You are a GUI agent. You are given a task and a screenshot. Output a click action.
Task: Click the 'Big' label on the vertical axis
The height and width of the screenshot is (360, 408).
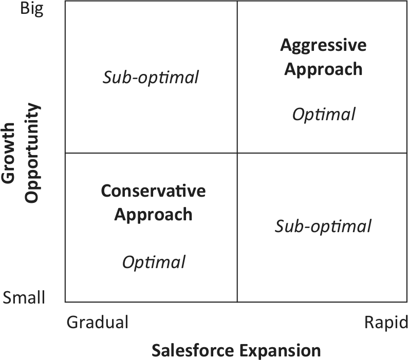(x=32, y=9)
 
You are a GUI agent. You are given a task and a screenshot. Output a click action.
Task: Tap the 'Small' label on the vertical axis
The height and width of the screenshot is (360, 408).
(x=24, y=297)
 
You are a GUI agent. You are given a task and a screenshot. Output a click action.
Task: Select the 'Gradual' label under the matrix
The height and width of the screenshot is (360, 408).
(x=97, y=322)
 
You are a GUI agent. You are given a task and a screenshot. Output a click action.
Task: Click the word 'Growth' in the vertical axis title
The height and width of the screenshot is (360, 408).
(x=8, y=153)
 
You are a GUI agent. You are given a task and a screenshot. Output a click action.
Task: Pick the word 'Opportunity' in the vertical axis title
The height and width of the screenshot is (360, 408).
(x=32, y=153)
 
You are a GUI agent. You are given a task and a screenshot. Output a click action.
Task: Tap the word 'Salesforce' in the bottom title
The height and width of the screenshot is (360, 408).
(x=193, y=350)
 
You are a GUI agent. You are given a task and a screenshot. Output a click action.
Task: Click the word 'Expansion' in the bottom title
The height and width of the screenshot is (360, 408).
(x=280, y=351)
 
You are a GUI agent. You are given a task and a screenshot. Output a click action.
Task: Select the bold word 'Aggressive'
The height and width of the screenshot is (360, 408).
(x=323, y=46)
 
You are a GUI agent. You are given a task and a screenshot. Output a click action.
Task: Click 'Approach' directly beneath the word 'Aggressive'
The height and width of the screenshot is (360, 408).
(x=323, y=70)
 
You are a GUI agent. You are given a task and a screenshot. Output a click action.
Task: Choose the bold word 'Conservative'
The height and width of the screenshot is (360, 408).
(x=153, y=191)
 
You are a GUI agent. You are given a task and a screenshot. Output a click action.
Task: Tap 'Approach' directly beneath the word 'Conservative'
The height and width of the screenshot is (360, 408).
(x=153, y=215)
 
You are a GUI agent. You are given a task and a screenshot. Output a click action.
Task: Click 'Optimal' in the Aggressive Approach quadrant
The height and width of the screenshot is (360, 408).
(x=324, y=115)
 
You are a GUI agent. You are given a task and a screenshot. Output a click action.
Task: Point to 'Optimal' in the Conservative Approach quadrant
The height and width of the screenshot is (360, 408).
(x=154, y=262)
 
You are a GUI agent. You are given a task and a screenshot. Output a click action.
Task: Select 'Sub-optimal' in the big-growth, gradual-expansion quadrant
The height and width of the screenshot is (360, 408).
(x=151, y=78)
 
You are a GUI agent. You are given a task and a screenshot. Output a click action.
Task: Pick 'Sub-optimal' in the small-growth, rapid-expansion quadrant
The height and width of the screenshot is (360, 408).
(x=323, y=226)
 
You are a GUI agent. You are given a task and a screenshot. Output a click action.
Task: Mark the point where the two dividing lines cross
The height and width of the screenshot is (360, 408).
(x=237, y=153)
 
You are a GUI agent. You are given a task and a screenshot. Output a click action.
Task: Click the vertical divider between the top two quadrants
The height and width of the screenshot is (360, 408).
(x=237, y=77)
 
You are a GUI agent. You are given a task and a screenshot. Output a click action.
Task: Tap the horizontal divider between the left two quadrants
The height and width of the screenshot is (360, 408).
(x=151, y=153)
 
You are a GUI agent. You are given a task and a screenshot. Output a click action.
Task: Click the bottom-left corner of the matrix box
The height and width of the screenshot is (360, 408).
(x=65, y=302)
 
